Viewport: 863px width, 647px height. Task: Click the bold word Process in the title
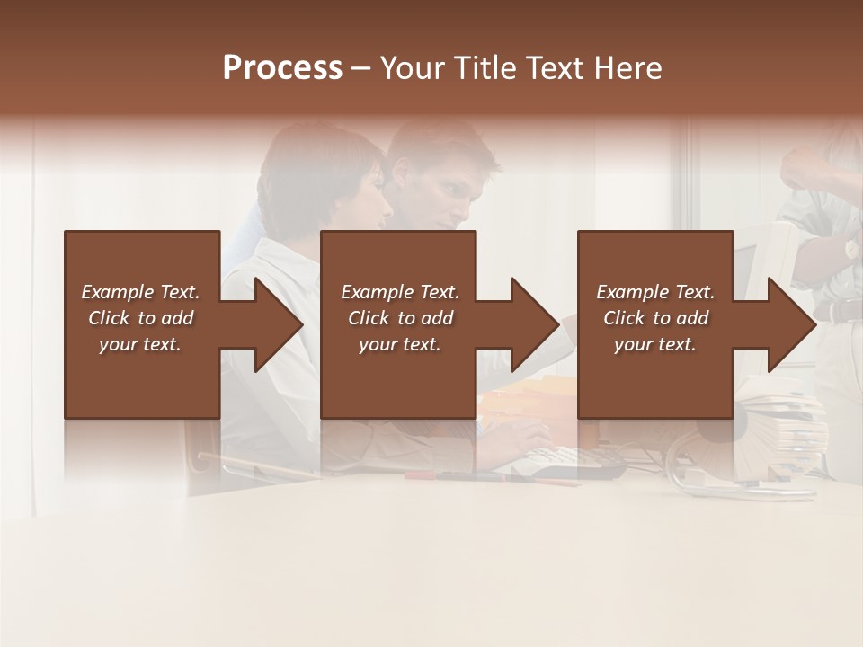pyautogui.click(x=282, y=68)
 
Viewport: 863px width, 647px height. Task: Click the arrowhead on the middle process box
pyautogui.click(x=533, y=324)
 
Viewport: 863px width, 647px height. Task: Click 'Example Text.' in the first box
pyautogui.click(x=140, y=292)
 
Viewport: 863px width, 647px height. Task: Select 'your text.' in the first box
pyautogui.click(x=140, y=344)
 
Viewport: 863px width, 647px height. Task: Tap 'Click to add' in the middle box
pyautogui.click(x=400, y=318)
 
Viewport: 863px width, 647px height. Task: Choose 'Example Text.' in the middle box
pyautogui.click(x=400, y=292)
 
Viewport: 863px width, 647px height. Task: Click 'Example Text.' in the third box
pyautogui.click(x=655, y=292)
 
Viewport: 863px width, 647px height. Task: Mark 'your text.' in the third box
pyautogui.click(x=655, y=344)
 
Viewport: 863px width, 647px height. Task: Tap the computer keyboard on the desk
pyautogui.click(x=575, y=457)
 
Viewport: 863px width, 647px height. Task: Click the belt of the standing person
pyautogui.click(x=841, y=311)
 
